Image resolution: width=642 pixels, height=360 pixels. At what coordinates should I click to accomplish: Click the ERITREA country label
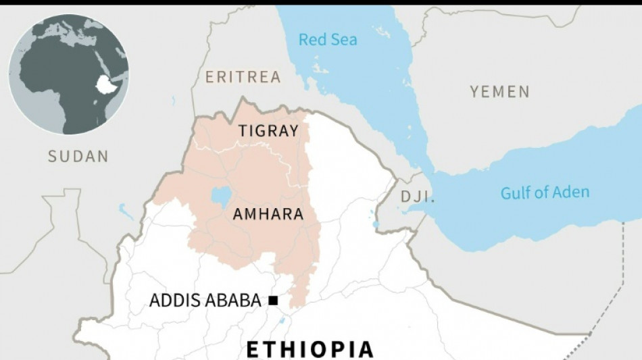[243, 77]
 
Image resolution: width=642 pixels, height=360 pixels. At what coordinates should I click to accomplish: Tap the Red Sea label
[328, 39]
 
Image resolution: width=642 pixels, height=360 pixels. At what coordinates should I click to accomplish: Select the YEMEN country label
[500, 92]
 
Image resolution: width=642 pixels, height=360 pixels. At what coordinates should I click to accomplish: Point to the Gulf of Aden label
[545, 192]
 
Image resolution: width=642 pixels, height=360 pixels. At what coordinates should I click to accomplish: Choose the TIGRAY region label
[268, 131]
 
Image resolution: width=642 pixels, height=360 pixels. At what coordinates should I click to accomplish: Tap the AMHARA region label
[268, 215]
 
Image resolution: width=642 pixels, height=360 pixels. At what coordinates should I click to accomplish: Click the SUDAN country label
[78, 157]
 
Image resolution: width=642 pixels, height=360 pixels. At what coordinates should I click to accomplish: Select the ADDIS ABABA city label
[205, 301]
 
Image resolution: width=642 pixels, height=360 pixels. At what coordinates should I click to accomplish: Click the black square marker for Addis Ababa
[273, 301]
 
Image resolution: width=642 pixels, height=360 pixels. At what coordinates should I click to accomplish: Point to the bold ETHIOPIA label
[310, 349]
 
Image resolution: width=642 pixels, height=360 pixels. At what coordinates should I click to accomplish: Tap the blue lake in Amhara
[221, 197]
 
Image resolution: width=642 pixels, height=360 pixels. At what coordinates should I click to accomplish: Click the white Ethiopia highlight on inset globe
[105, 84]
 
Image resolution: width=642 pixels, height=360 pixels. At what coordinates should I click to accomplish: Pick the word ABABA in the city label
[233, 301]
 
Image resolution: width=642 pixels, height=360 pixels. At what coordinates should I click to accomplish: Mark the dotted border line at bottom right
[608, 311]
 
